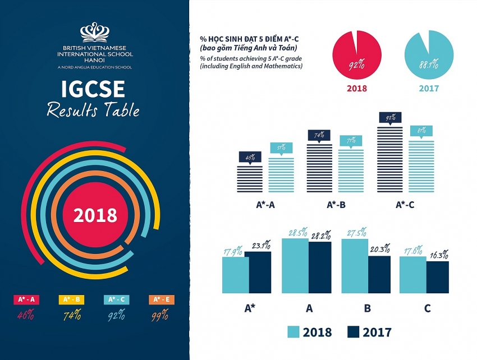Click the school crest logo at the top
coord(95,33)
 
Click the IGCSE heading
coord(94,90)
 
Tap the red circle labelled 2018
coord(95,215)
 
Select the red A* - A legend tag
coord(25,299)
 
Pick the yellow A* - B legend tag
coord(71,299)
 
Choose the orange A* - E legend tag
coord(162,299)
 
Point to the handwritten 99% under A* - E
coord(162,315)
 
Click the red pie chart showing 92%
coord(357,54)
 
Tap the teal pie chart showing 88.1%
coord(428,54)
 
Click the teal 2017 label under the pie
coord(429,89)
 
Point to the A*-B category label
coord(336,205)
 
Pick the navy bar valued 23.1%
coord(258,273)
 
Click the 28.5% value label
coord(295,232)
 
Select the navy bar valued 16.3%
coord(438,277)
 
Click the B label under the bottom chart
coord(368,308)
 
